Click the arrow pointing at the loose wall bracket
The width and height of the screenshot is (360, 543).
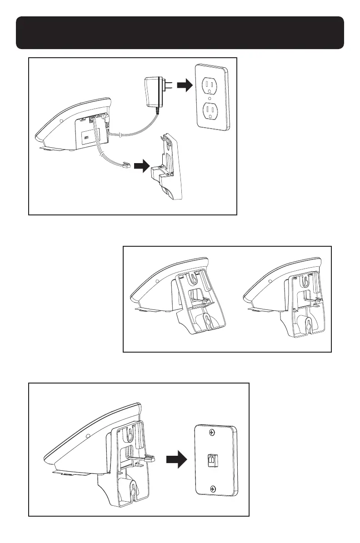(x=145, y=166)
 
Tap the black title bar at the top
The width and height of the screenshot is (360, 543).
(x=180, y=33)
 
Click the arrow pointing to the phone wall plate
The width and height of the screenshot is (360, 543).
(x=176, y=461)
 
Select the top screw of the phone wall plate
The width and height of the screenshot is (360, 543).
(x=213, y=433)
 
